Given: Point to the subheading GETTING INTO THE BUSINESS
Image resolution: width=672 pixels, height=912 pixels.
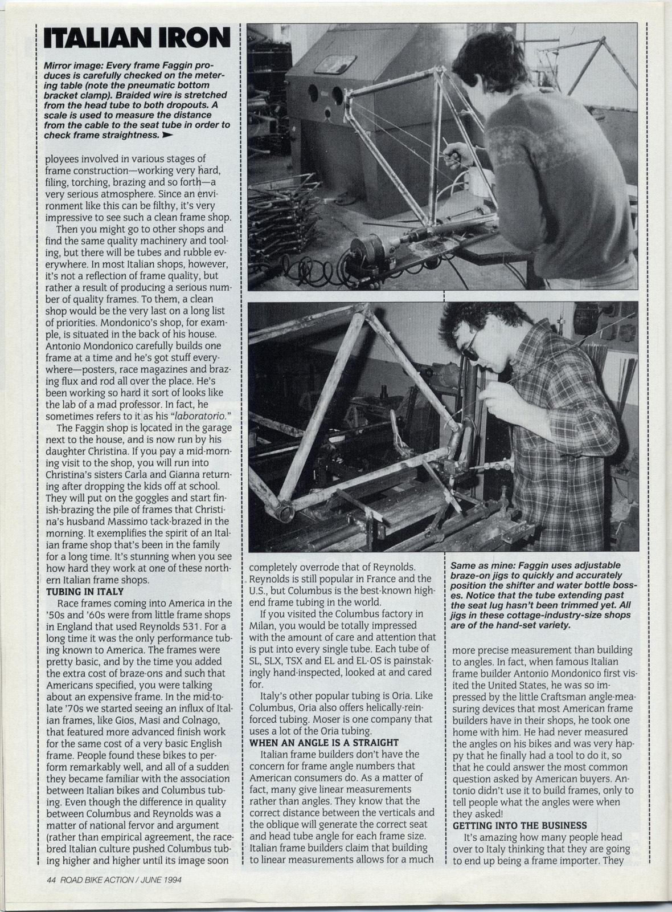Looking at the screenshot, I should [519, 825].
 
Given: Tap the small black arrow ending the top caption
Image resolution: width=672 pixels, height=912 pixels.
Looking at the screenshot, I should [167, 136].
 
